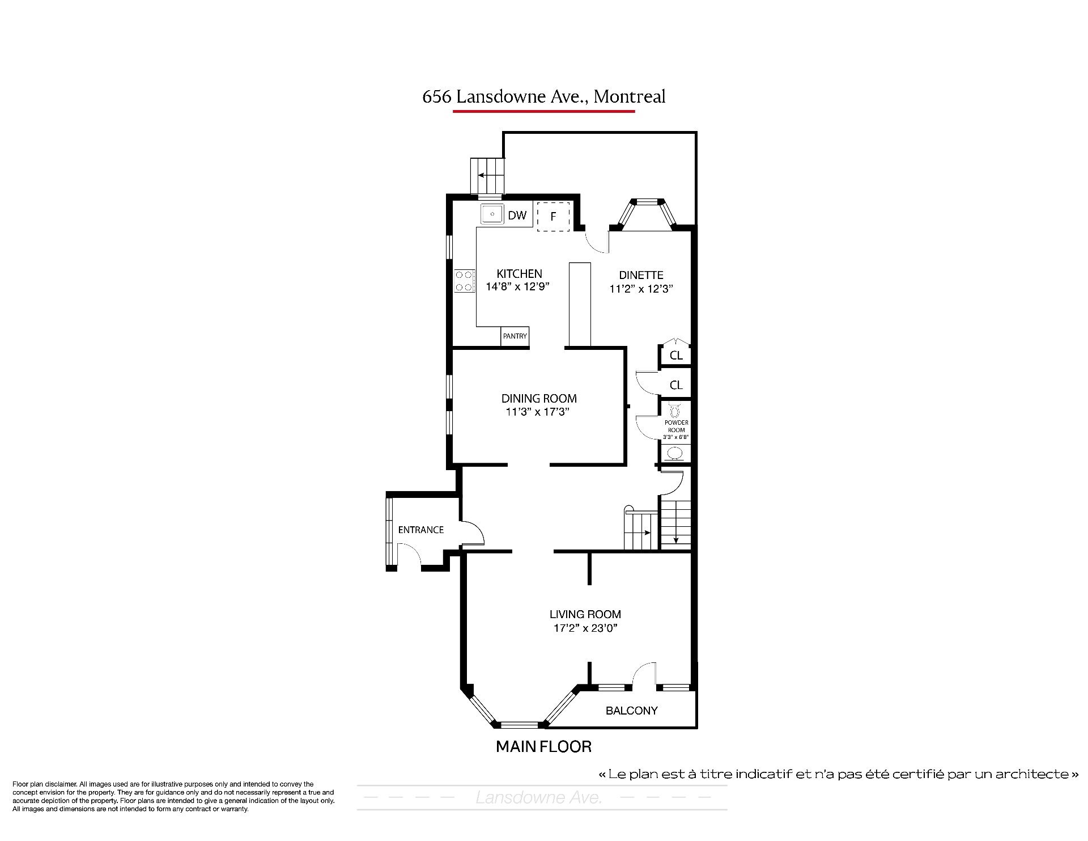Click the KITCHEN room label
[x=519, y=274]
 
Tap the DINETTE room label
[x=641, y=275]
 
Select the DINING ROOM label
[x=539, y=399]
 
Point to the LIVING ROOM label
[x=585, y=614]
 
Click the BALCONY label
[x=631, y=711]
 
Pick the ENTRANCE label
[x=420, y=530]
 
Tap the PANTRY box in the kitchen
[x=515, y=336]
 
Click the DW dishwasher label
[x=517, y=215]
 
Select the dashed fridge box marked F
[x=553, y=217]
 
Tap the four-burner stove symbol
[x=465, y=281]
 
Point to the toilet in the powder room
[x=674, y=409]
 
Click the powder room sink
[x=675, y=453]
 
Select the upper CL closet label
[x=676, y=356]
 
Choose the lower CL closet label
[x=676, y=385]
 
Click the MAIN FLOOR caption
[x=543, y=747]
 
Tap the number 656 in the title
[x=437, y=97]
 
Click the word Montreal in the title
[x=630, y=96]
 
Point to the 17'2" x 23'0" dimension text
[x=585, y=628]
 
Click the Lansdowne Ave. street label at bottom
[x=539, y=798]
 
